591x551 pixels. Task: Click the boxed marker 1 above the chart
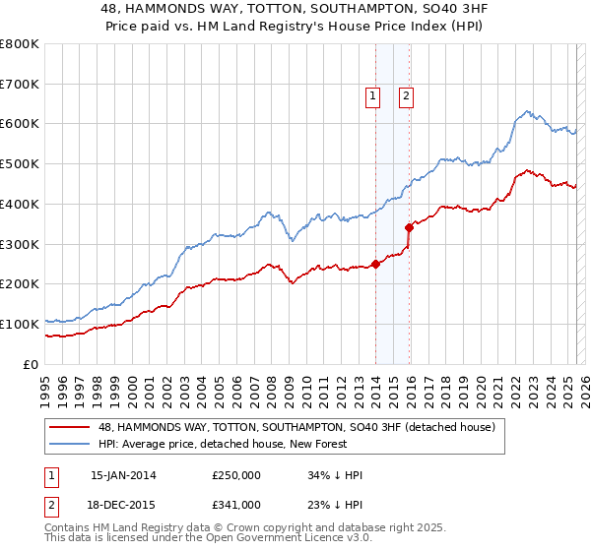(374, 96)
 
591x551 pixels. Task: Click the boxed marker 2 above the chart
(406, 96)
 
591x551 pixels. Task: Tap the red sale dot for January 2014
(376, 263)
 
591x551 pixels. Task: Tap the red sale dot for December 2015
(410, 226)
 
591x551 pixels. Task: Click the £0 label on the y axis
(30, 364)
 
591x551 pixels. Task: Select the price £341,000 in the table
(236, 505)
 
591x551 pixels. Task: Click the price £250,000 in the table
(236, 475)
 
